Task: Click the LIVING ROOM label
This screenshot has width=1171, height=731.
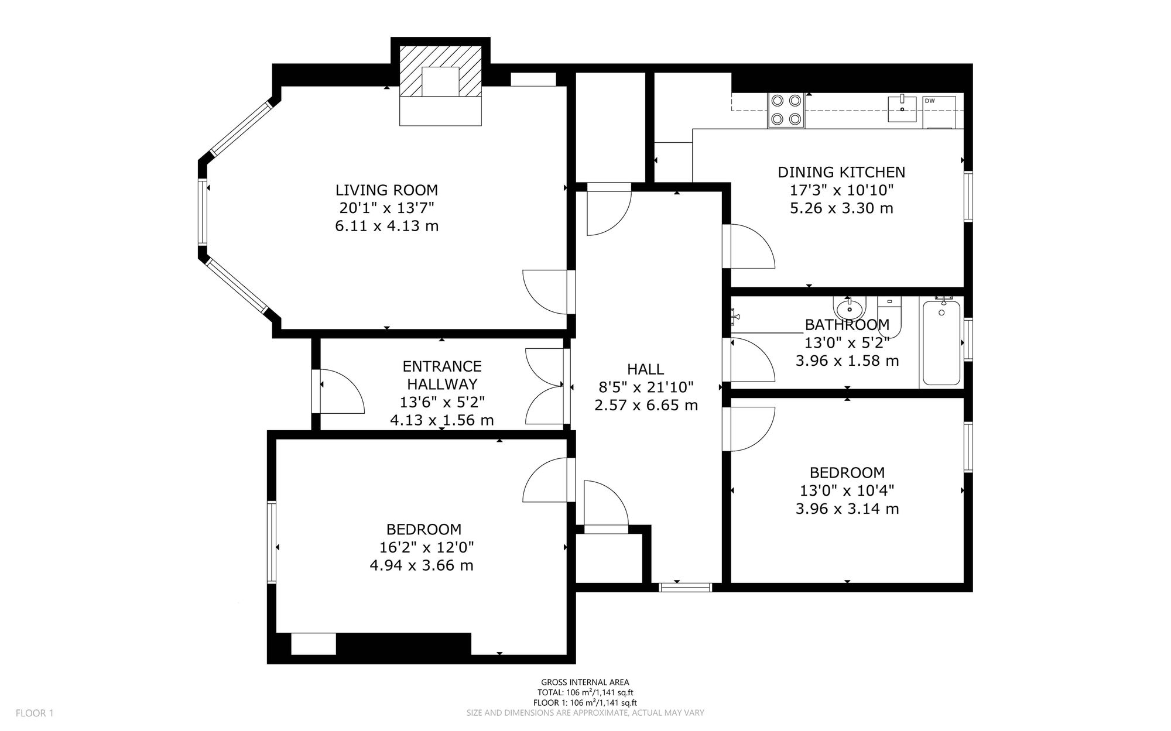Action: tap(386, 190)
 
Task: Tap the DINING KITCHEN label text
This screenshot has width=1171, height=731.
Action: tap(841, 172)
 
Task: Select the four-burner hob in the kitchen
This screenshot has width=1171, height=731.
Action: tap(786, 111)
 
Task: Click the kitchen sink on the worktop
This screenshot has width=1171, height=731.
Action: tap(902, 109)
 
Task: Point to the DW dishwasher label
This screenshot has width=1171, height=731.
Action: tap(930, 101)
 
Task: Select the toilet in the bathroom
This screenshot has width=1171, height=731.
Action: tap(889, 316)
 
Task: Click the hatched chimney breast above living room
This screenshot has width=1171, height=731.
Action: tap(440, 71)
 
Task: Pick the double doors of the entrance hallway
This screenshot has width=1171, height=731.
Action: tap(546, 386)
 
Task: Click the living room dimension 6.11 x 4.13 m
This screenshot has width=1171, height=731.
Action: tap(386, 226)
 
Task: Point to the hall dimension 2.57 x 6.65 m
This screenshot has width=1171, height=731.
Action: tap(646, 405)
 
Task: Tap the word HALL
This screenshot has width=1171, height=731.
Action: tap(645, 369)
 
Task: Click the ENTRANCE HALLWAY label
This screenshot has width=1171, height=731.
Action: tap(442, 375)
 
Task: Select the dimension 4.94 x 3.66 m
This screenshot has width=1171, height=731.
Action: tap(422, 565)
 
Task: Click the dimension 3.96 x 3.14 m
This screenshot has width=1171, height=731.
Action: tap(847, 509)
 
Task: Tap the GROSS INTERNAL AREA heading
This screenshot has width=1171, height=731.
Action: tap(585, 682)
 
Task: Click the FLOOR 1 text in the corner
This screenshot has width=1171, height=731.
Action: tap(35, 713)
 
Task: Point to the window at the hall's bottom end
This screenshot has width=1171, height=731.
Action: tap(686, 587)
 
